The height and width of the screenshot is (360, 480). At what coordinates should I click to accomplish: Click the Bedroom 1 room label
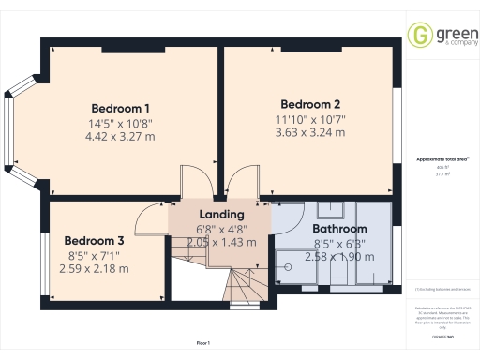(x=120, y=107)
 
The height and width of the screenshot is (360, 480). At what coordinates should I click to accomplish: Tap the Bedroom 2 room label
(x=310, y=103)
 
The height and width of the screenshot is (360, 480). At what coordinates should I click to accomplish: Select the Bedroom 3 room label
(x=94, y=239)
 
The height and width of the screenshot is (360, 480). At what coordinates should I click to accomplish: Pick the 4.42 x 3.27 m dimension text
(x=120, y=137)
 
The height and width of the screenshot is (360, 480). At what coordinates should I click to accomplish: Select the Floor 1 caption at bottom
(x=203, y=344)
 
